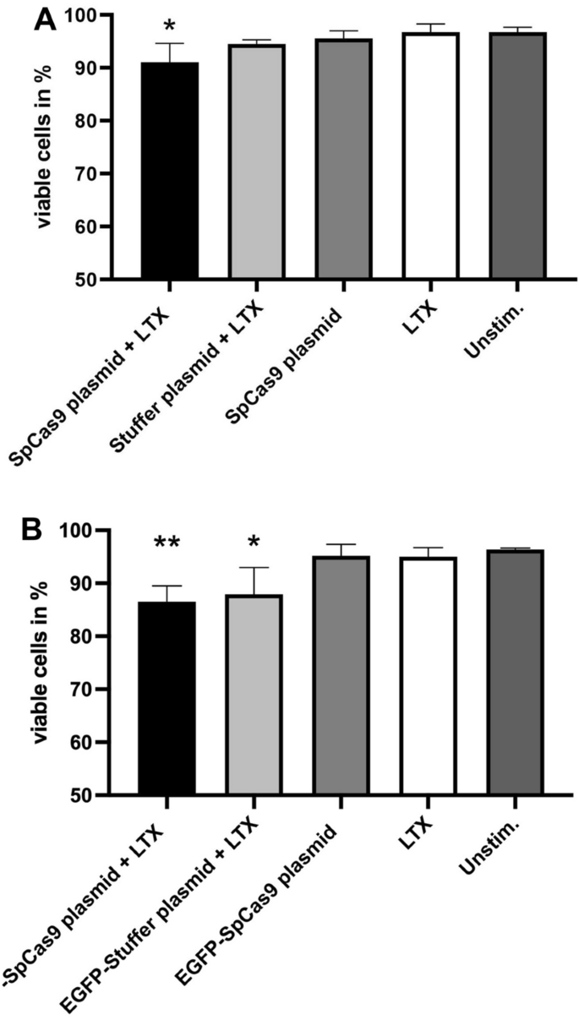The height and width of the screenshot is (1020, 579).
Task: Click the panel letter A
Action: pyautogui.click(x=45, y=19)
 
